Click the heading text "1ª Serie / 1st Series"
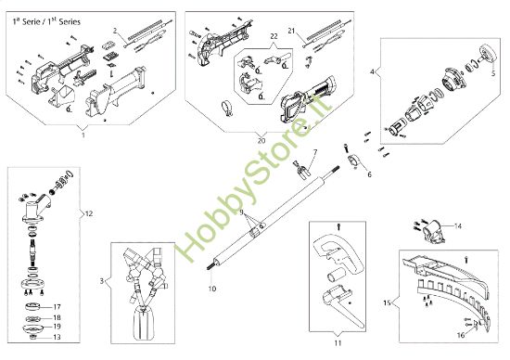tap(46, 22)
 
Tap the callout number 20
tap(261, 141)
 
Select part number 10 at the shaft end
tap(212, 289)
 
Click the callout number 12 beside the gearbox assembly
tap(89, 213)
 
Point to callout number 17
tap(57, 307)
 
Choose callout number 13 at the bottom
tap(57, 337)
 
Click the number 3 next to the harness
tap(102, 280)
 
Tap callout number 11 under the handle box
tap(338, 342)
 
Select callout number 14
tap(458, 225)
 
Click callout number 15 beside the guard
tap(387, 303)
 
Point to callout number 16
tap(461, 335)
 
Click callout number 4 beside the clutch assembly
tap(373, 71)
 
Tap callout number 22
tap(274, 36)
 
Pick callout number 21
tap(291, 31)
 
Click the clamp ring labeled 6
tap(354, 161)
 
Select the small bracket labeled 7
tap(302, 170)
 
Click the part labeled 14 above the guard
tap(434, 232)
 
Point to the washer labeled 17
tap(33, 306)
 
